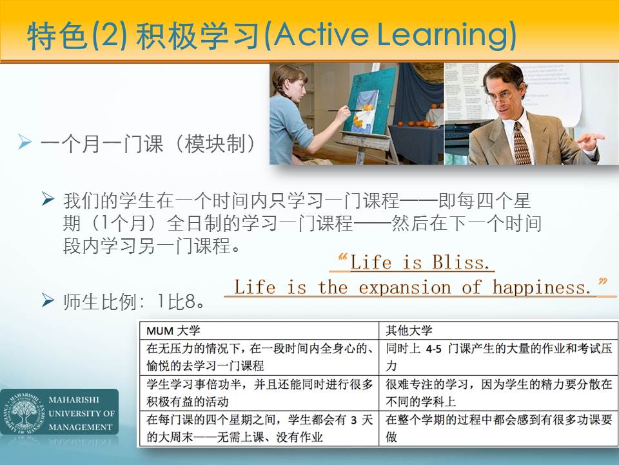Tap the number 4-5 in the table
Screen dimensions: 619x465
(433, 349)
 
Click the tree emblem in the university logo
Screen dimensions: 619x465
(24, 413)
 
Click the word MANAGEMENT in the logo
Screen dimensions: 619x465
(81, 427)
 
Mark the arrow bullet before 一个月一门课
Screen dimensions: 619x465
(25, 142)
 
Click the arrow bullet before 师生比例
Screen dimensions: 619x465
(48, 300)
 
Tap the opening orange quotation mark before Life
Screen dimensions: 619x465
(342, 258)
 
